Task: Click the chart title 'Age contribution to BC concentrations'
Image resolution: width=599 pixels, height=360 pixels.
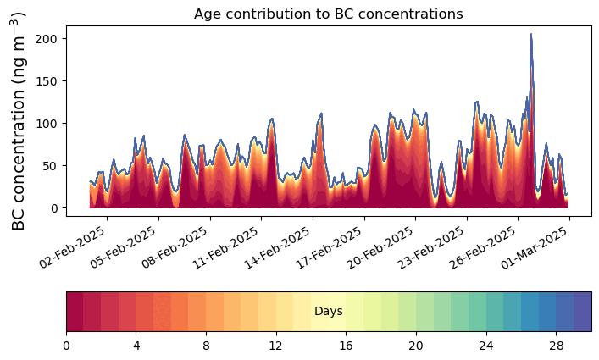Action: tap(328, 14)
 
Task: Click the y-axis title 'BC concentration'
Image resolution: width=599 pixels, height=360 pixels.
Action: tap(19, 120)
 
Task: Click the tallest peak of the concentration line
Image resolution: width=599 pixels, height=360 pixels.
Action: tap(531, 35)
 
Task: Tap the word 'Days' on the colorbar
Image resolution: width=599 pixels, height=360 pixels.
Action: tap(328, 312)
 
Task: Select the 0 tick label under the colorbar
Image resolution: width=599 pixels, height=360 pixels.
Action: tap(66, 346)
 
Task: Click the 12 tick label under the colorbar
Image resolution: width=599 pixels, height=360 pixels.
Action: tap(276, 346)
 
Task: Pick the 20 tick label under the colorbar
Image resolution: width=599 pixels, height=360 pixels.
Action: tap(416, 346)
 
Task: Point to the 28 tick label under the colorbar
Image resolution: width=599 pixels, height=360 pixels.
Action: tap(556, 346)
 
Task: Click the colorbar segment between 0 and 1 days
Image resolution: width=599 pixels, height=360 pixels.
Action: tap(75, 312)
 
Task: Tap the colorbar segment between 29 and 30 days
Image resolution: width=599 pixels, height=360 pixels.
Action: tap(582, 312)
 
